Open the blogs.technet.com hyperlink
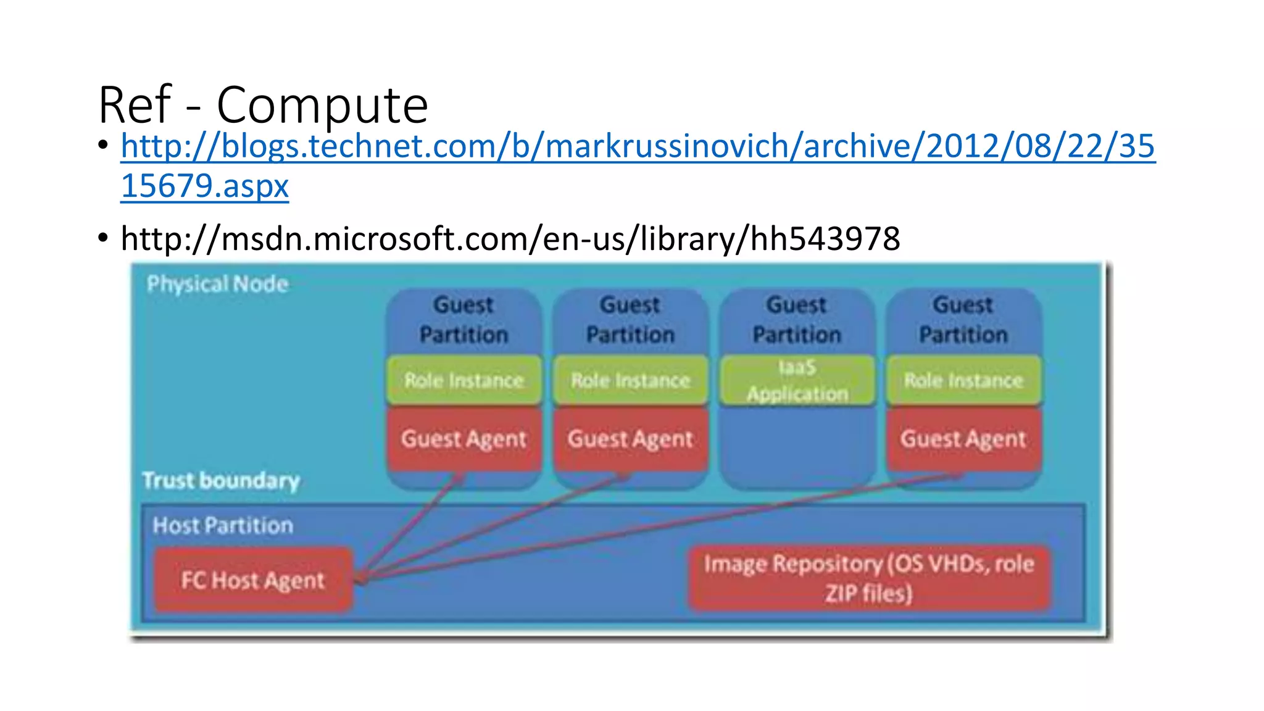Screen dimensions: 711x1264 point(637,147)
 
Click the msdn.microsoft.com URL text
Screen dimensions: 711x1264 point(510,238)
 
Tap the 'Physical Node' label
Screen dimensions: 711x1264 point(217,284)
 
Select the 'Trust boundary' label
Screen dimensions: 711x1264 point(221,480)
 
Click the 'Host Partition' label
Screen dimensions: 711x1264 point(223,525)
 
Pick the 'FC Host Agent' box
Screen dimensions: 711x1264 point(253,580)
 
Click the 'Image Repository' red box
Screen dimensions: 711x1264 point(868,578)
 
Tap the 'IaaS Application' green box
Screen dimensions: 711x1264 point(797,380)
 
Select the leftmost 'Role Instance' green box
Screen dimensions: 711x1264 point(464,380)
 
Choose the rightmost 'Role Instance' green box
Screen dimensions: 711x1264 point(963,380)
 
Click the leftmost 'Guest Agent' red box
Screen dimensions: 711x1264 point(464,439)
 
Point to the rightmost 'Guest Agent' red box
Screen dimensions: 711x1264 point(963,439)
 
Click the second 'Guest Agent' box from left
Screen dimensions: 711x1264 point(630,439)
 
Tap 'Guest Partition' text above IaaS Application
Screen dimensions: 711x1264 point(797,320)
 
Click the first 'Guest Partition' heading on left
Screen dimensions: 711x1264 point(464,320)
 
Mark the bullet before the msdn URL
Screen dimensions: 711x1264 point(102,238)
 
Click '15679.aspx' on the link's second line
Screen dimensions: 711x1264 point(205,186)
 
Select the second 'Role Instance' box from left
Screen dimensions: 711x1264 point(630,380)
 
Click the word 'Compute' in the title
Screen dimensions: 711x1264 point(322,105)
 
